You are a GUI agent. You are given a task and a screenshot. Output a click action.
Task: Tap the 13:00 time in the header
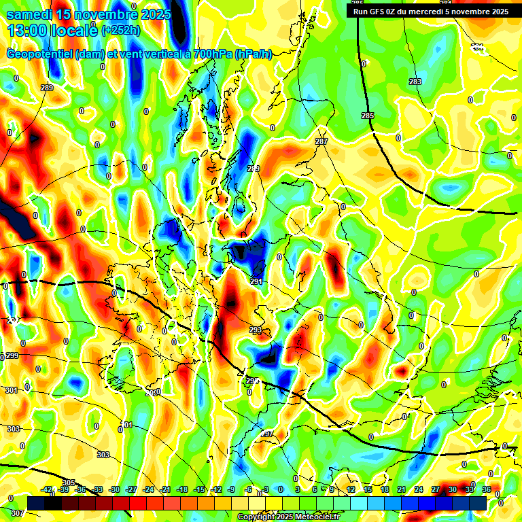[x=25, y=30]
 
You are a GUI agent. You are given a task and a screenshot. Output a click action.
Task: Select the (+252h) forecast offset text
[x=121, y=30]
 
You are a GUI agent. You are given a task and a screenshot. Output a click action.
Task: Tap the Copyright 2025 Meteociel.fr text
[x=289, y=517]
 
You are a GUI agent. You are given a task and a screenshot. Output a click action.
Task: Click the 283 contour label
[x=415, y=82]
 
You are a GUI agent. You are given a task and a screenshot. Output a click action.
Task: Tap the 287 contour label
[x=321, y=141]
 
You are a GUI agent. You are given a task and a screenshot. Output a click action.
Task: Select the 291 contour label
[x=256, y=281]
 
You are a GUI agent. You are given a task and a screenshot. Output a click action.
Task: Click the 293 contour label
[x=255, y=330]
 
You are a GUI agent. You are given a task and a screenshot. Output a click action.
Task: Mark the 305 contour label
[x=68, y=483]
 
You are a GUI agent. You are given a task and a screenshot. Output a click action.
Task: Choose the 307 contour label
[x=17, y=513]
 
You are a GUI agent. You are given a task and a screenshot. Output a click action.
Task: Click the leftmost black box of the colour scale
[x=37, y=502]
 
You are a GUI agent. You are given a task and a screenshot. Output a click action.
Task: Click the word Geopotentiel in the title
[x=41, y=54]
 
